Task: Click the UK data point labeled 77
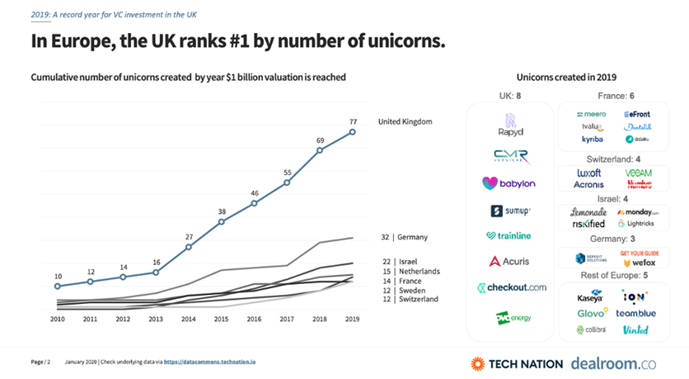pyautogui.click(x=353, y=130)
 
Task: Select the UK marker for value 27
pyautogui.click(x=189, y=247)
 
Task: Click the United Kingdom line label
pyautogui.click(x=405, y=122)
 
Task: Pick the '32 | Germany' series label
pyautogui.click(x=405, y=237)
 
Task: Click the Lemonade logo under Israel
pyautogui.click(x=588, y=212)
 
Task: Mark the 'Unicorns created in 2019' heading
pyautogui.click(x=567, y=77)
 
